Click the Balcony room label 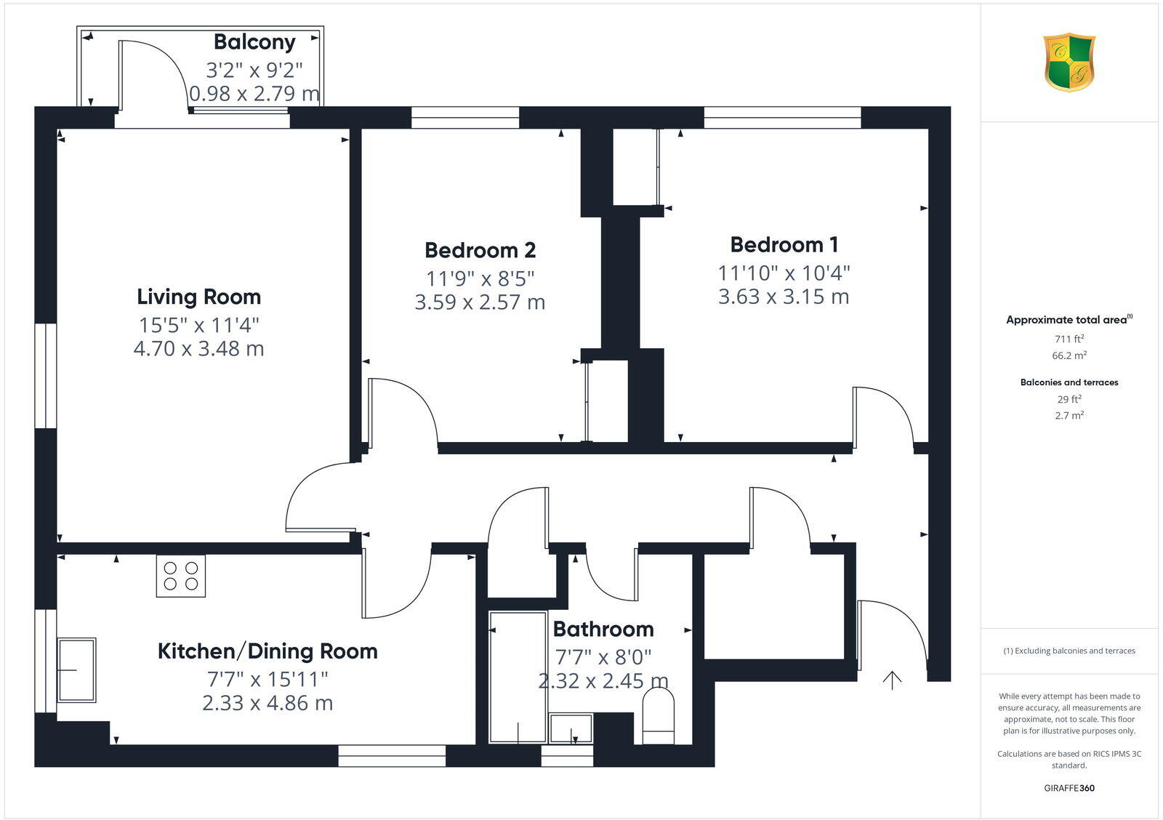pyautogui.click(x=254, y=42)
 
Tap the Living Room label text pyautogui.click(x=198, y=297)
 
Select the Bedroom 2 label pyautogui.click(x=480, y=250)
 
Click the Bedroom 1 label pyautogui.click(x=784, y=244)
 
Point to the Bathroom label pyautogui.click(x=603, y=629)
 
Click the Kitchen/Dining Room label pyautogui.click(x=267, y=651)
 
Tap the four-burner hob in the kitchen pyautogui.click(x=181, y=576)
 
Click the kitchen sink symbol pyautogui.click(x=76, y=670)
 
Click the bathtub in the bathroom pyautogui.click(x=518, y=676)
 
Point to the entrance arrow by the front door pyautogui.click(x=892, y=680)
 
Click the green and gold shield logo pyautogui.click(x=1069, y=63)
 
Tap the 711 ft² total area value pyautogui.click(x=1069, y=339)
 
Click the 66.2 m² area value pyautogui.click(x=1069, y=355)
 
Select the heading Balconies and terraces pyautogui.click(x=1069, y=382)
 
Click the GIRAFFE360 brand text pyautogui.click(x=1069, y=788)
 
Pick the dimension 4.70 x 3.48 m pyautogui.click(x=198, y=349)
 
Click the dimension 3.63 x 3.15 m pyautogui.click(x=784, y=297)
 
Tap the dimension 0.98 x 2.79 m pyautogui.click(x=254, y=94)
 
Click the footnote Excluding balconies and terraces pyautogui.click(x=1069, y=651)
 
